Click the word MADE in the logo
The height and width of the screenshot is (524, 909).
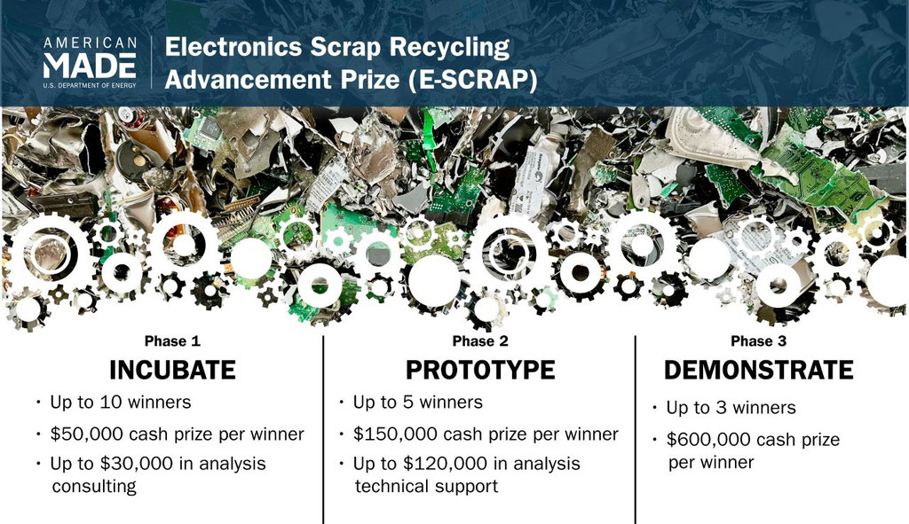pyautogui.click(x=90, y=66)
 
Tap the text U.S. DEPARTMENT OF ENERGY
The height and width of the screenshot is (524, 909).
pyautogui.click(x=90, y=85)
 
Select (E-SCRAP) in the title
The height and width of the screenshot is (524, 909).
pyautogui.click(x=472, y=80)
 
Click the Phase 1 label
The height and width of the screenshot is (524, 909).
pyautogui.click(x=172, y=341)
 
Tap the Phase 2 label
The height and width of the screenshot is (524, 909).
pyautogui.click(x=480, y=341)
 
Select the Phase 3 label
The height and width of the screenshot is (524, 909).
pyautogui.click(x=758, y=341)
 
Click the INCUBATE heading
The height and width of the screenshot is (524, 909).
pyautogui.click(x=173, y=370)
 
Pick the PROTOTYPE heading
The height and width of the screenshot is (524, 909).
pyautogui.click(x=480, y=370)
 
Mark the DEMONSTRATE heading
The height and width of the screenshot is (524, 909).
pyautogui.click(x=758, y=370)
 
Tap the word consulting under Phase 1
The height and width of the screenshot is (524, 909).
pyautogui.click(x=94, y=487)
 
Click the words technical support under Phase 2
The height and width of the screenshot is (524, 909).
pyautogui.click(x=427, y=487)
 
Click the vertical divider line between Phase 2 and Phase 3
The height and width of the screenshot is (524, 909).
pyautogui.click(x=636, y=430)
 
